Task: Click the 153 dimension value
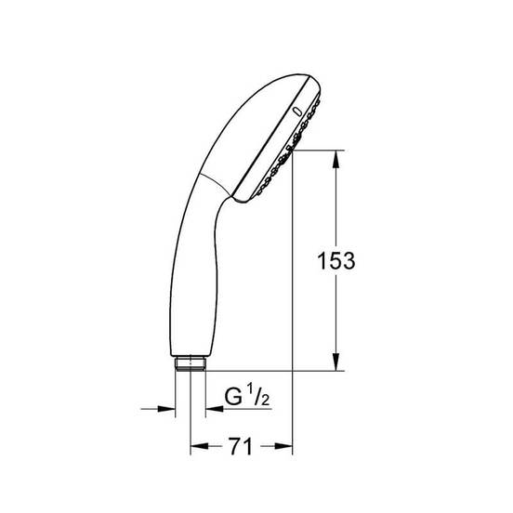point(336,261)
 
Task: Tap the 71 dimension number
point(241,446)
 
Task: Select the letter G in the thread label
point(233,397)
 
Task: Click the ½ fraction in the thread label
point(258,395)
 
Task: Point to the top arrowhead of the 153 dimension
point(336,159)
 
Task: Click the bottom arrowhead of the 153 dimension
point(336,362)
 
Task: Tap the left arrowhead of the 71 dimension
point(199,445)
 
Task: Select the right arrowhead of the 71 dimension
point(283,445)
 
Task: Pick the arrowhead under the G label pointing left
point(215,409)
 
